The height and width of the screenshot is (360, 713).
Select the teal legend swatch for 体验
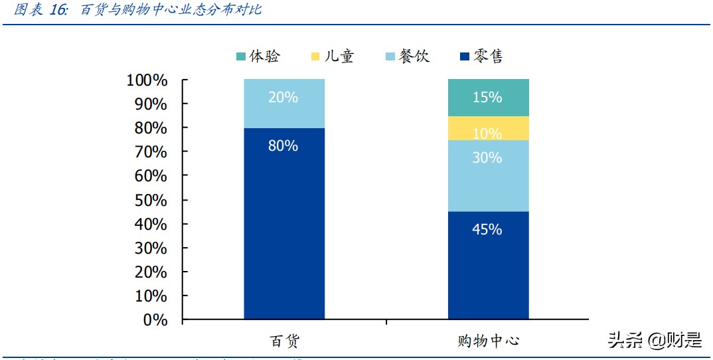(x=240, y=56)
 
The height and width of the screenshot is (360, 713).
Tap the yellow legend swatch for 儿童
(x=315, y=56)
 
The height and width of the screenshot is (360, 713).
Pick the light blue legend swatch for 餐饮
(x=389, y=56)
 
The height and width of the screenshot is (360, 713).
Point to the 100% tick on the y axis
(x=147, y=80)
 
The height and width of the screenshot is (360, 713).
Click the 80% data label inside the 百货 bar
(x=283, y=146)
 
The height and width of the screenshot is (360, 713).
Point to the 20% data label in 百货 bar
(x=283, y=98)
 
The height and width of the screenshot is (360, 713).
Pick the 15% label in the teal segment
(x=487, y=98)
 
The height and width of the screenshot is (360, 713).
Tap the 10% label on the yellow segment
(x=487, y=134)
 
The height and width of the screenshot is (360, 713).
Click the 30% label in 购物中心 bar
(x=487, y=158)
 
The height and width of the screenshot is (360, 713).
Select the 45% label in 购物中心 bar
(x=487, y=230)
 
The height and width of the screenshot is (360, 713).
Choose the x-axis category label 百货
(x=284, y=341)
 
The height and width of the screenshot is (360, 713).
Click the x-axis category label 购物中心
(x=488, y=341)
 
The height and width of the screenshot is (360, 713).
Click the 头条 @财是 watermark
(x=655, y=341)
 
